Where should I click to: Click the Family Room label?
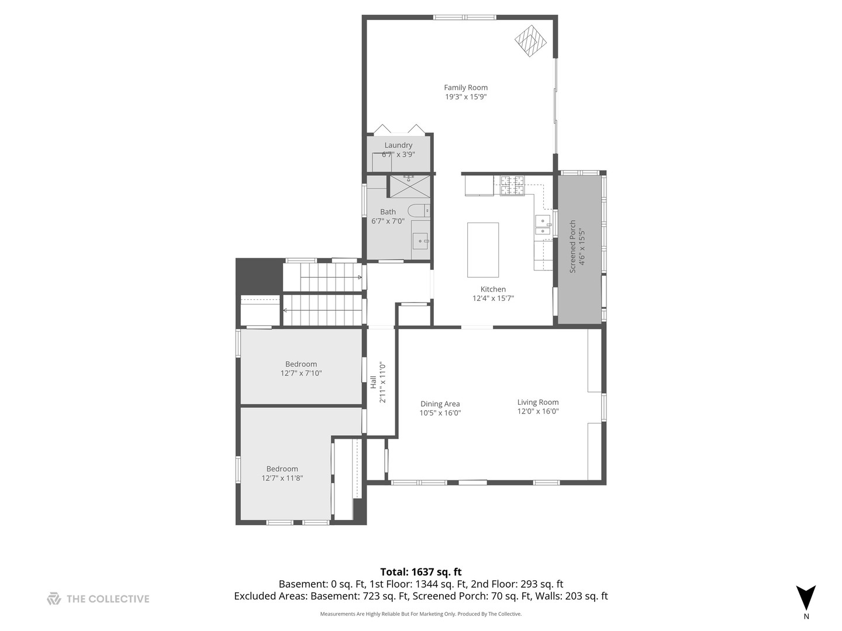tap(465, 88)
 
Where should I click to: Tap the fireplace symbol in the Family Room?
tap(530, 41)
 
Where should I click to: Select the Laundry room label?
tap(398, 145)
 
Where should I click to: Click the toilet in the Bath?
tap(419, 210)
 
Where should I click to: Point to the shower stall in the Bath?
tap(409, 186)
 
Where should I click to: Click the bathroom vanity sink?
tap(421, 240)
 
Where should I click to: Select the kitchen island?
tap(483, 249)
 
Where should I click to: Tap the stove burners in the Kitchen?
tap(512, 185)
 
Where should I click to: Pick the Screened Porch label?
tap(573, 246)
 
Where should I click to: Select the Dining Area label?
tap(440, 404)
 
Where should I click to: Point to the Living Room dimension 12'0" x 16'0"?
tap(538, 411)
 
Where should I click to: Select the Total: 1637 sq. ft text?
tap(421, 572)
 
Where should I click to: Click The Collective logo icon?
tap(54, 598)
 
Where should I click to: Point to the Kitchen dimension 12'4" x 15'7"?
tap(493, 299)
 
